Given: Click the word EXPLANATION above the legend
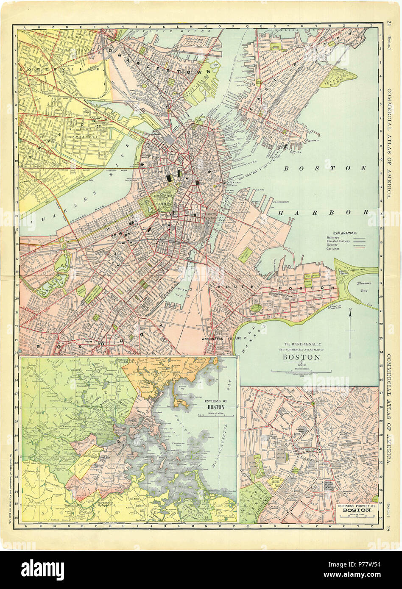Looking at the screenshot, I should pyautogui.click(x=345, y=233).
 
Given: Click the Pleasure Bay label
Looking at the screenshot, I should pyautogui.click(x=364, y=283).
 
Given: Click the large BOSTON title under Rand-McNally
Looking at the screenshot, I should pyautogui.click(x=301, y=357).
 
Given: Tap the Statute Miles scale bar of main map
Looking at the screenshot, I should pyautogui.click(x=301, y=371).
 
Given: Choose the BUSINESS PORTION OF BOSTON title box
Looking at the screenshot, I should pyautogui.click(x=353, y=509).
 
